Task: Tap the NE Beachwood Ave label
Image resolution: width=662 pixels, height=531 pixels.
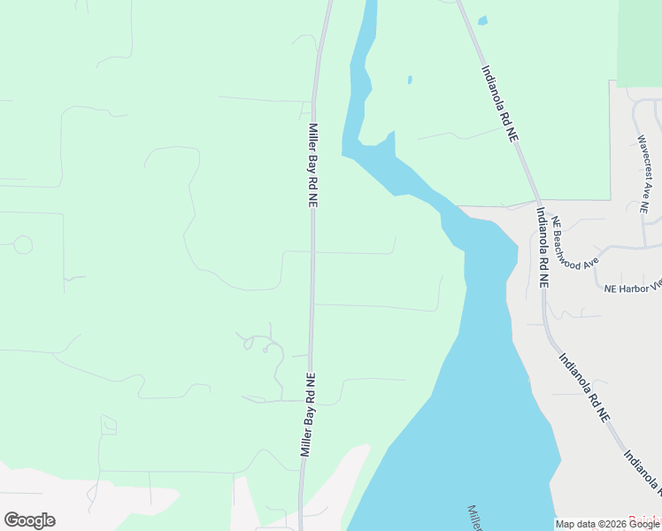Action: (x=575, y=244)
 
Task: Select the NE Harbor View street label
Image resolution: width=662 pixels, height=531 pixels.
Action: (x=632, y=288)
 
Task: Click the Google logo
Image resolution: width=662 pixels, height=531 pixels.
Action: (x=29, y=520)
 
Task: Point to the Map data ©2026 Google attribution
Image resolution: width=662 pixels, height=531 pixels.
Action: (x=607, y=524)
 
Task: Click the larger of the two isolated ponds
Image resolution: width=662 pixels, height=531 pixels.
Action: (x=482, y=20)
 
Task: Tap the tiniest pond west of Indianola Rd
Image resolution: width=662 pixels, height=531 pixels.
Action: (x=410, y=80)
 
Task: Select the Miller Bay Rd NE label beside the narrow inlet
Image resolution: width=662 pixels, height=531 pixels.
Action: (x=313, y=165)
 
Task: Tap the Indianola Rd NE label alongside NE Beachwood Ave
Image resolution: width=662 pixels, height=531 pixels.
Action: (x=542, y=248)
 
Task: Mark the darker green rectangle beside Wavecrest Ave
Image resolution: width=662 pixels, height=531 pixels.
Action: (x=639, y=42)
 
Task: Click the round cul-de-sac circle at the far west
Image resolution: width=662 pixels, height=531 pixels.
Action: (x=23, y=244)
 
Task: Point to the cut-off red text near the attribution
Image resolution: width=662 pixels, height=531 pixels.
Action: (x=644, y=519)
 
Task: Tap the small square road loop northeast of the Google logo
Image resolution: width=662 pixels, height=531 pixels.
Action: (x=108, y=427)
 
